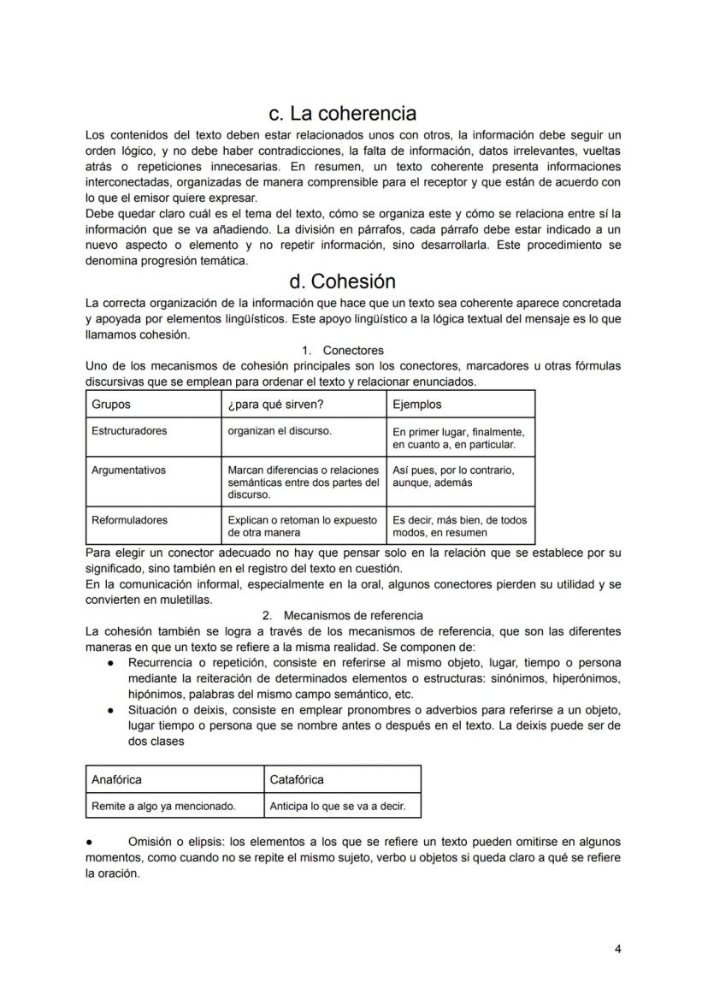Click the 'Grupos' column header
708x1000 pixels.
[111, 404]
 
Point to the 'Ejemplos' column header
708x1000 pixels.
[417, 404]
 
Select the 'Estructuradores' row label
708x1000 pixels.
[129, 431]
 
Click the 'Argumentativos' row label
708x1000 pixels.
[128, 470]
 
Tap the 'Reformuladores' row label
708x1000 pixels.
[129, 520]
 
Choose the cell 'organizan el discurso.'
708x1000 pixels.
[280, 431]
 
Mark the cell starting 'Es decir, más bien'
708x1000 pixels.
[459, 526]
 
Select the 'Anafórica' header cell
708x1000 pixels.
[116, 779]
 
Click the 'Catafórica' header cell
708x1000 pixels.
[297, 779]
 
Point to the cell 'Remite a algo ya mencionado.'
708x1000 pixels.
[163, 806]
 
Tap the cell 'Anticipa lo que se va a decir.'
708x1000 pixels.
[338, 806]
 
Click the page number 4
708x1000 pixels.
[617, 949]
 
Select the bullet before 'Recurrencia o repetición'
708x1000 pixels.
[111, 664]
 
